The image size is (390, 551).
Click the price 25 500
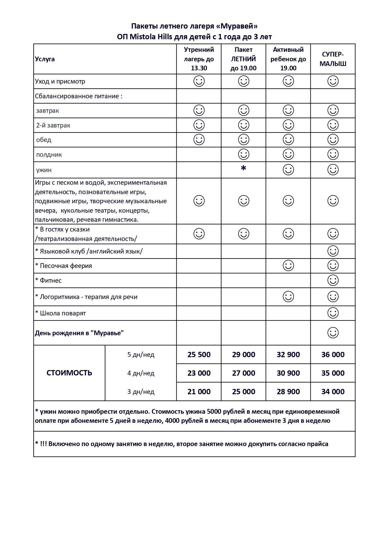(x=199, y=355)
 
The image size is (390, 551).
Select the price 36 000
(x=333, y=355)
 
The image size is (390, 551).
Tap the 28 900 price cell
(x=288, y=392)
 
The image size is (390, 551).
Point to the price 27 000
(x=243, y=373)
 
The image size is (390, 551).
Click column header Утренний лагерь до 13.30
(x=199, y=59)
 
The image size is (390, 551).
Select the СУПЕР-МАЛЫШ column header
(x=333, y=59)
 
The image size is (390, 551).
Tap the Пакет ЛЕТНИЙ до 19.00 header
(x=243, y=59)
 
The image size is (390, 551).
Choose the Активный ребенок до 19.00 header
(x=288, y=59)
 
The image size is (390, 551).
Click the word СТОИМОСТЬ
(x=69, y=373)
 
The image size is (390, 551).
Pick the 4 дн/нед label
(x=141, y=373)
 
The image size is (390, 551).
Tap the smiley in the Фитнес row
(x=333, y=280)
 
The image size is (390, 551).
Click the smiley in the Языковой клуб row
(x=333, y=251)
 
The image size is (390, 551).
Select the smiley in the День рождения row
(x=333, y=333)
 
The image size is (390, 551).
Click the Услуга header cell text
(x=45, y=59)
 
